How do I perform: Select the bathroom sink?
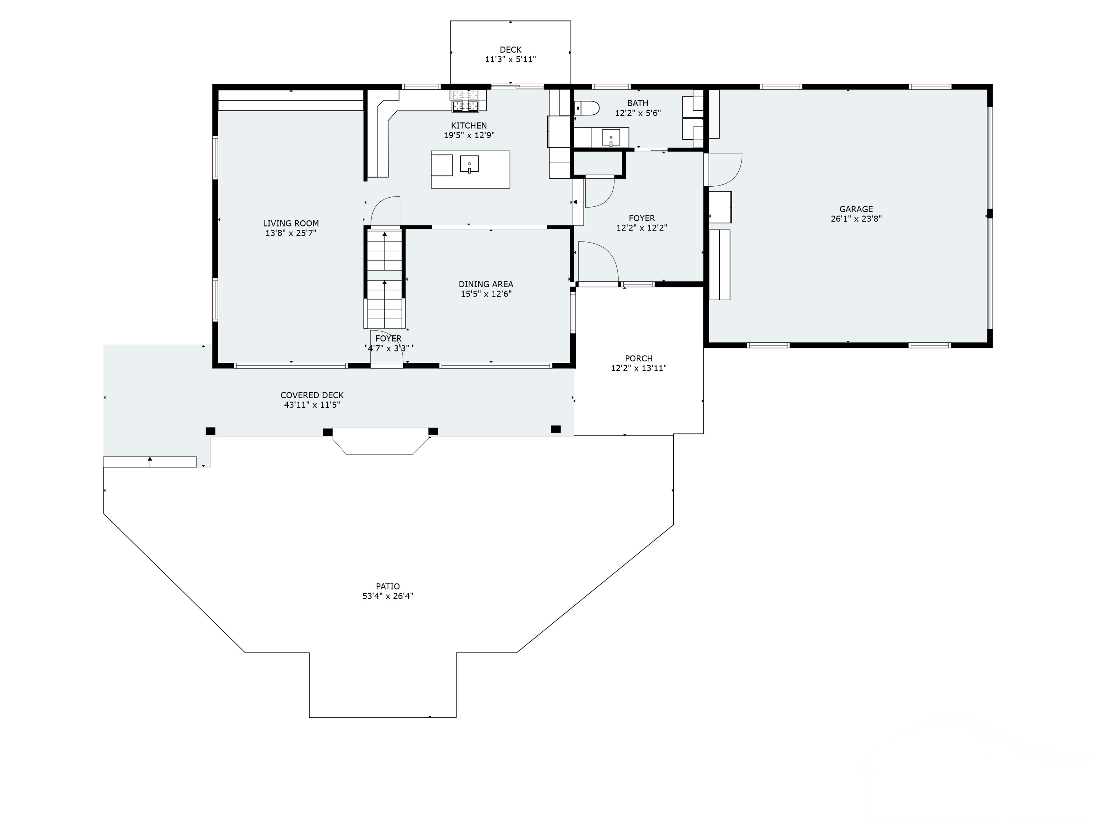pyautogui.click(x=610, y=137)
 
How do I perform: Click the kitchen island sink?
pyautogui.click(x=469, y=164)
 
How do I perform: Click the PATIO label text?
pyautogui.click(x=388, y=586)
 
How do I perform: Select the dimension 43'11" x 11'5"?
pyautogui.click(x=312, y=405)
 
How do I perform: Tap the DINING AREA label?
pyautogui.click(x=486, y=284)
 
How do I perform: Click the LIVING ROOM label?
pyautogui.click(x=291, y=224)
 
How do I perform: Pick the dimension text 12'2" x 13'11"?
pyautogui.click(x=639, y=368)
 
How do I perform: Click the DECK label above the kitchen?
pyautogui.click(x=510, y=50)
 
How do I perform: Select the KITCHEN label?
pyautogui.click(x=469, y=125)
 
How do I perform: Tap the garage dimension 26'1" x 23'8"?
pyautogui.click(x=856, y=218)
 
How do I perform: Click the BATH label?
pyautogui.click(x=638, y=103)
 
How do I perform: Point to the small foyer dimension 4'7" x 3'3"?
pyautogui.click(x=388, y=348)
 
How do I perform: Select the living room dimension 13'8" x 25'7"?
pyautogui.click(x=291, y=233)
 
